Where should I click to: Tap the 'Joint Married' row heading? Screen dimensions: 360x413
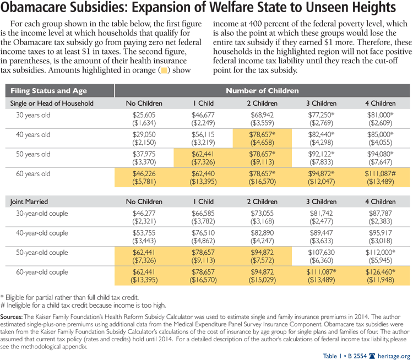coord(29,201)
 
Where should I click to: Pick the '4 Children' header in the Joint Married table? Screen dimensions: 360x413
coord(379,201)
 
